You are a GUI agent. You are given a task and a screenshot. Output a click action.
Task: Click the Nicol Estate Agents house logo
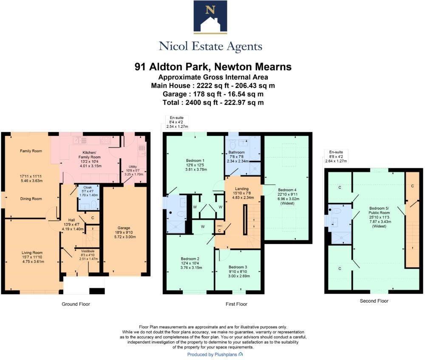(210, 17)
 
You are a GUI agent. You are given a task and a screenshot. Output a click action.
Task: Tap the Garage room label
(124, 228)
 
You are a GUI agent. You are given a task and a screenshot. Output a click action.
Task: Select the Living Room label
(32, 253)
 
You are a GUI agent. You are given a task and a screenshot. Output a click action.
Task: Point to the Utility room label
(133, 167)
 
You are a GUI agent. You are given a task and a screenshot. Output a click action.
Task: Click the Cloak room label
(88, 187)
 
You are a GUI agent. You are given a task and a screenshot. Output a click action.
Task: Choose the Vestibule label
(88, 251)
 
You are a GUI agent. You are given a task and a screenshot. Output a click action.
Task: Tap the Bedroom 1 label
(195, 160)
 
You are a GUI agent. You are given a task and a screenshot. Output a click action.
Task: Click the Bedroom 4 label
(287, 190)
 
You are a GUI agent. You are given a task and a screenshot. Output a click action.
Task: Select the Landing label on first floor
(242, 188)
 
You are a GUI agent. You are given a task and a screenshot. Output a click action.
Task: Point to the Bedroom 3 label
(238, 267)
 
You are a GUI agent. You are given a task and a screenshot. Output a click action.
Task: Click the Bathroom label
(236, 152)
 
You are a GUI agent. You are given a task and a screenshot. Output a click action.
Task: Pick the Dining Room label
(31, 199)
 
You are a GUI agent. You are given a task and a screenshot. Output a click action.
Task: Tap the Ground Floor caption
(76, 304)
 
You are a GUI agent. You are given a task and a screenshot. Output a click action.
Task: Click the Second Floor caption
(374, 301)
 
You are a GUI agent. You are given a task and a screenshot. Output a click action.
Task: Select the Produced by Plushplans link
(215, 354)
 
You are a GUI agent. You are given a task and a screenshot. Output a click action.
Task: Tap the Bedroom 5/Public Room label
(379, 211)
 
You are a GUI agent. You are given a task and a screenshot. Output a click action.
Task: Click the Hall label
(71, 220)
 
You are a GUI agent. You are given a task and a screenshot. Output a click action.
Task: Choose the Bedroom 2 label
(190, 259)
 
